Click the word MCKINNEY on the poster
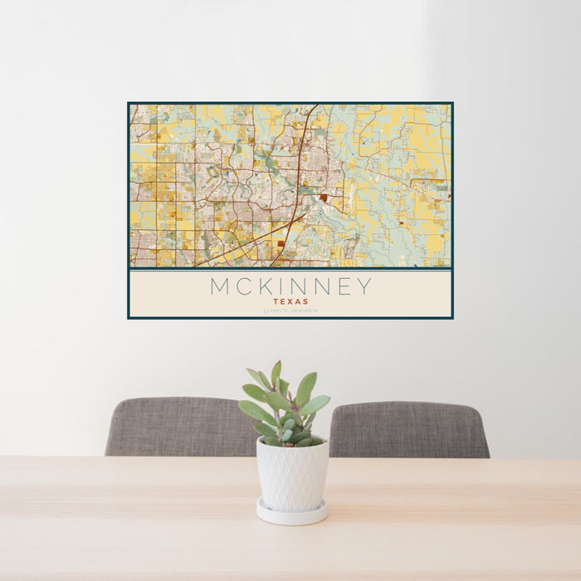point(290,287)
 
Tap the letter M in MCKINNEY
point(219,287)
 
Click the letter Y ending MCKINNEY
point(364,287)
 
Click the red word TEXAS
point(290,302)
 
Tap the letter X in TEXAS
point(290,302)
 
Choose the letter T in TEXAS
point(275,302)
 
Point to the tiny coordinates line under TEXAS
point(290,311)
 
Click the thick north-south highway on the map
point(305,149)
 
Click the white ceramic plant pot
point(291,473)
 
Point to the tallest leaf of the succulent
point(276,373)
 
